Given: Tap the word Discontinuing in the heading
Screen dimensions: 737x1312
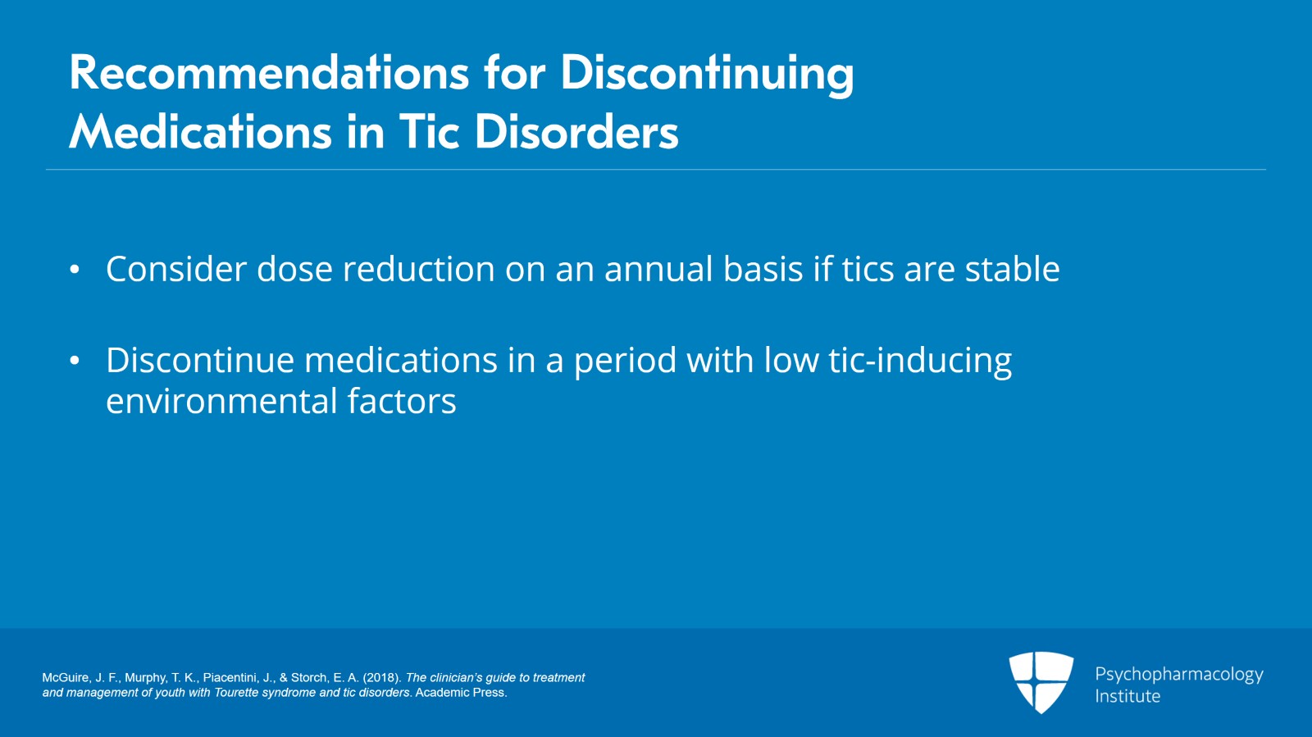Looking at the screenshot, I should pos(706,73).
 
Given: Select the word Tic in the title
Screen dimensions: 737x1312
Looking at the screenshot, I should pos(429,132).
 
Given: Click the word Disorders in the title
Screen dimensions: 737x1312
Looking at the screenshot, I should pos(576,132).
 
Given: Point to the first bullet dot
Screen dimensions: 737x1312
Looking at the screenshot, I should pos(75,270).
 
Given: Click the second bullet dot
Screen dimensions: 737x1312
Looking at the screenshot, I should pos(75,361).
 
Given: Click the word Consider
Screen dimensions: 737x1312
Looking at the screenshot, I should pos(175,270).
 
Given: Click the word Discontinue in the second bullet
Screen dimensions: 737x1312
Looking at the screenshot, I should pos(199,361).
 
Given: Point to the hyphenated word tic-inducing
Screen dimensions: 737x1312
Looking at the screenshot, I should pos(920,361).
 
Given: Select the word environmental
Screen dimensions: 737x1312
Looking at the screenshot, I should pos(221,402).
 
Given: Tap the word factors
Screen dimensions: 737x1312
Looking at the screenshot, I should pos(402,402).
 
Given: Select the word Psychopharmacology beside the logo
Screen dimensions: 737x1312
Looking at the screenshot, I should pos(1178,675).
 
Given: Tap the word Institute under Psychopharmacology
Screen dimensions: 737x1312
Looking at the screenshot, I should pos(1127,696).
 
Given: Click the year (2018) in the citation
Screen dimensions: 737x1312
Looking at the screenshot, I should pos(381,678).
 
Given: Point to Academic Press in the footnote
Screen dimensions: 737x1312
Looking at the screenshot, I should pos(461,693).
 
